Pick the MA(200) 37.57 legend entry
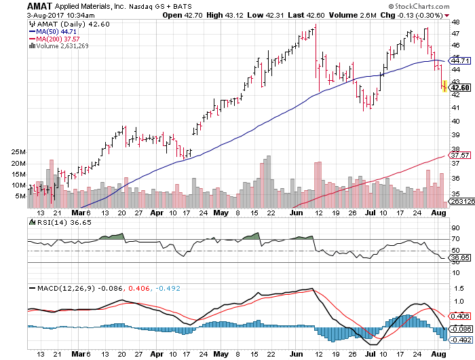pyautogui.click(x=55, y=39)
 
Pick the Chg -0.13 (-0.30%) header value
pyautogui.click(x=417, y=14)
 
